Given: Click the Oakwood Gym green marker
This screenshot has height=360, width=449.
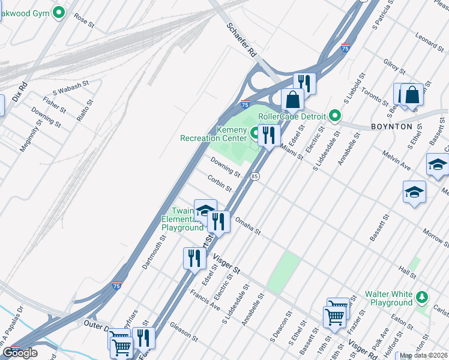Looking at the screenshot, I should [58, 11].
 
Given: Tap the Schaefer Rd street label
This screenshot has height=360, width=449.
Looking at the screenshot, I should [242, 41].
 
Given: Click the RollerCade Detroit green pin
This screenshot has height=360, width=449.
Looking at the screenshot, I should [334, 116].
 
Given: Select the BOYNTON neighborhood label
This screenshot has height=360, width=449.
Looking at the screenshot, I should [391, 127].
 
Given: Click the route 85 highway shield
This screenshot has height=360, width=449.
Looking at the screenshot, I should [255, 176].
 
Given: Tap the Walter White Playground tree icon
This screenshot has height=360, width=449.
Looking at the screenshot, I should [423, 296].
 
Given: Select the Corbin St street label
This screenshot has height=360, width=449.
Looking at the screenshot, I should [220, 183].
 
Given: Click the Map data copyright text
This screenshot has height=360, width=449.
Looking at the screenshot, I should [423, 356].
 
